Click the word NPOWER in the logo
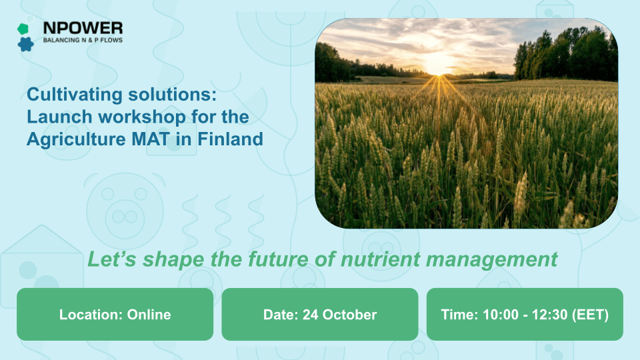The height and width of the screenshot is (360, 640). (83, 28)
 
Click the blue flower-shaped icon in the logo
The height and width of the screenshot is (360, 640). (26, 44)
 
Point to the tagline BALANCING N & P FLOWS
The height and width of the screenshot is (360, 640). (82, 41)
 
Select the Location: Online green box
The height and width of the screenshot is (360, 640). (115, 314)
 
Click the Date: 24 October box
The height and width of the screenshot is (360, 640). (319, 314)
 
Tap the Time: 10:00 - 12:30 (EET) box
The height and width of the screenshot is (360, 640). (525, 314)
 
